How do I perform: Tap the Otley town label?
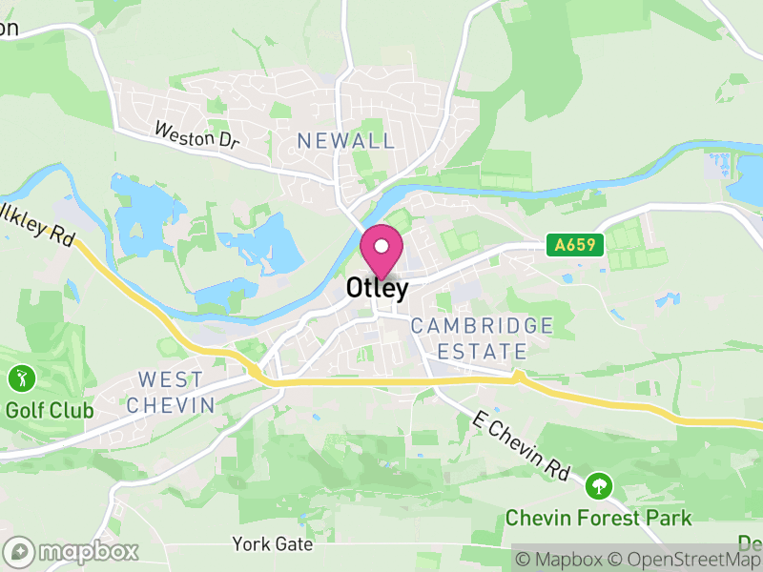coord(378,287)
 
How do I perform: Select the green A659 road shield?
coord(577,245)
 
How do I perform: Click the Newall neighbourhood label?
coord(345,141)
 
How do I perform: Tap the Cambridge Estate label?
coord(482,338)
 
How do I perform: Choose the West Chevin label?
coord(171,392)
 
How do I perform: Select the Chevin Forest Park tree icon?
coord(599,486)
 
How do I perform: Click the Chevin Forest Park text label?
coord(598,519)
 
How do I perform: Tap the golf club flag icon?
coord(20,378)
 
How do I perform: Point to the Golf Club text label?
coord(50,411)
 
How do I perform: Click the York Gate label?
coord(272,544)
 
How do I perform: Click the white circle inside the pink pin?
coord(381,246)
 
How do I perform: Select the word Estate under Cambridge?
coord(482,352)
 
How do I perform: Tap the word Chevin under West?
coord(171,405)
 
